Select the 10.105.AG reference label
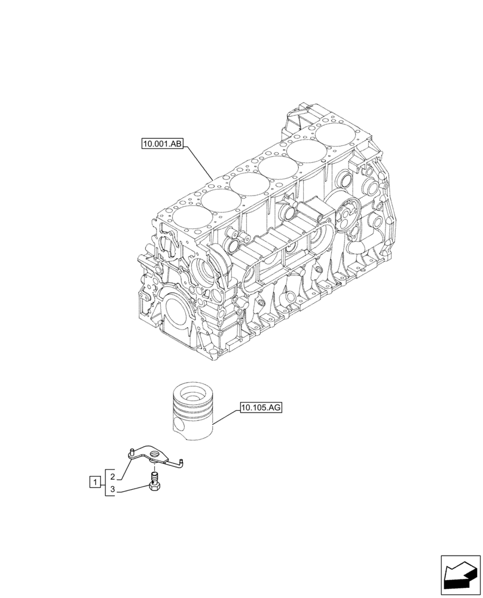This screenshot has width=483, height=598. (x=261, y=408)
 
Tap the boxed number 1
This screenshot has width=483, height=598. (x=94, y=481)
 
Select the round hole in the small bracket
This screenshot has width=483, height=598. (x=157, y=456)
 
